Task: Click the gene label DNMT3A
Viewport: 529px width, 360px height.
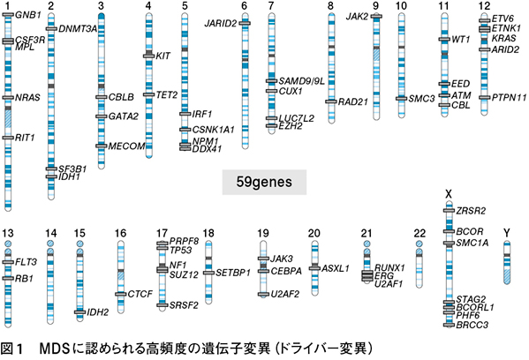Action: tap(78, 29)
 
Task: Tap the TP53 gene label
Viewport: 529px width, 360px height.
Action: tap(180, 250)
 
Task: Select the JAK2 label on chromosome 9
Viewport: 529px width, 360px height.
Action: tap(357, 16)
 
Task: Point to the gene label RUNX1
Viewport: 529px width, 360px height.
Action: tap(389, 268)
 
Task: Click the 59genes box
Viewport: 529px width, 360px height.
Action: tap(264, 182)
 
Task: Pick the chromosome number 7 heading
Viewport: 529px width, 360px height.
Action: tap(271, 5)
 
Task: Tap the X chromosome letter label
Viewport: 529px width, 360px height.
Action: tap(449, 194)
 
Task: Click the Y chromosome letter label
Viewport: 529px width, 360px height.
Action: tap(506, 233)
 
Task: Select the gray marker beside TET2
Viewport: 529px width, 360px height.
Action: tap(148, 94)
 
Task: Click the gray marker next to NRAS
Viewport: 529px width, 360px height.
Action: tap(8, 98)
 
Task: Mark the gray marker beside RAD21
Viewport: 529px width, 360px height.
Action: tap(331, 101)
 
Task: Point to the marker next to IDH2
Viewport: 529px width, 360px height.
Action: tap(80, 312)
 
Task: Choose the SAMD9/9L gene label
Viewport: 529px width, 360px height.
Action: tap(302, 81)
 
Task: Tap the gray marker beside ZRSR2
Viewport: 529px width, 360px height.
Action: tap(449, 211)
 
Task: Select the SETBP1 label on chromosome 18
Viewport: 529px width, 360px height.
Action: tap(233, 273)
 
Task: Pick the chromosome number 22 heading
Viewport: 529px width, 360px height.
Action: tap(419, 233)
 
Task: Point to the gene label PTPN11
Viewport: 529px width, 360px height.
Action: tap(509, 98)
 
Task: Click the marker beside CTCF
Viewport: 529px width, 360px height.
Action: tap(120, 295)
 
